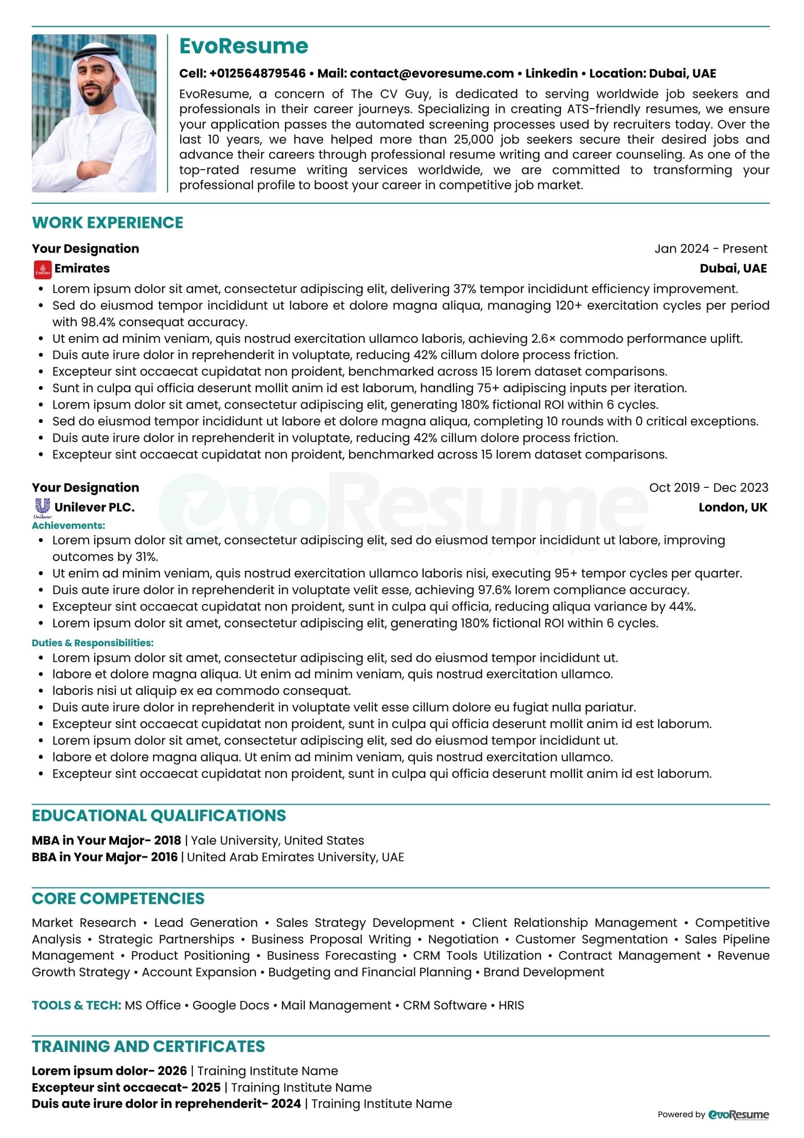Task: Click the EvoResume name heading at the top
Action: tap(243, 46)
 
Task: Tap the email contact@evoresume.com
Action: tap(431, 74)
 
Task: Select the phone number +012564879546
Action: tap(257, 74)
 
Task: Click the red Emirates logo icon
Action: tap(43, 269)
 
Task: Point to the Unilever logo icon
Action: tap(42, 507)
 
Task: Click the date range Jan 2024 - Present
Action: tap(710, 249)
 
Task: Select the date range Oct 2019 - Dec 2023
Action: tap(708, 487)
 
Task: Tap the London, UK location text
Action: tap(732, 507)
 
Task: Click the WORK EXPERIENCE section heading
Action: tap(108, 223)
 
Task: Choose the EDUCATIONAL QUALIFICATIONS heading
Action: tap(159, 816)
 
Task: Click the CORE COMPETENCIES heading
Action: tap(118, 899)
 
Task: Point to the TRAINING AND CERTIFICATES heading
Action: tap(148, 1046)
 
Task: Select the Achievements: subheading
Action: tap(68, 526)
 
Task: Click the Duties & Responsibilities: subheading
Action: tap(93, 643)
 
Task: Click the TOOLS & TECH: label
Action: tap(77, 1005)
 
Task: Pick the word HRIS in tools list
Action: tap(511, 1005)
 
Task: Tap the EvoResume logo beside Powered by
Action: tap(739, 1114)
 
